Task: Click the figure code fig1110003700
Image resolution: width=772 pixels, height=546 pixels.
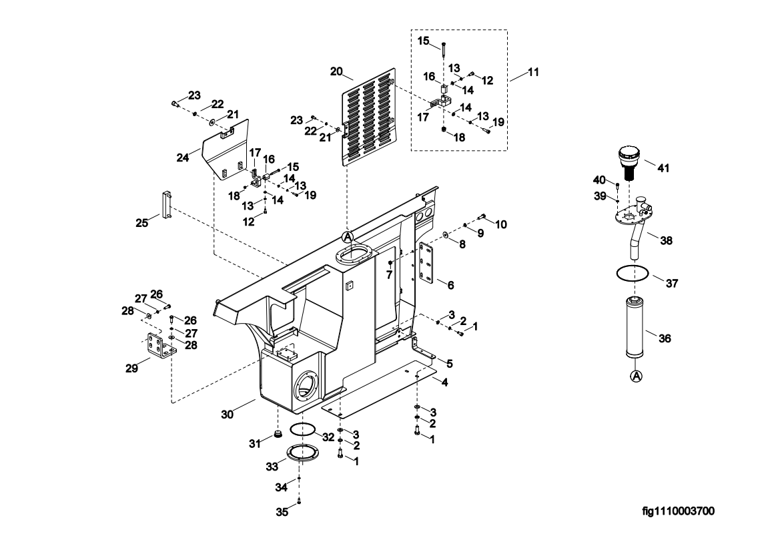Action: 678,512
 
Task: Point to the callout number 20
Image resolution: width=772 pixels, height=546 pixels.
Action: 336,71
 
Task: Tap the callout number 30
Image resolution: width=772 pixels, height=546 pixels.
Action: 227,414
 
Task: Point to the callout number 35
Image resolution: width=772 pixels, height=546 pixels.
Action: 282,513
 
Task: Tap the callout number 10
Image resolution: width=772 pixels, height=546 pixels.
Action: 500,224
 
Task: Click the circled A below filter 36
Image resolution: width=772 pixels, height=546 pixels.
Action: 636,376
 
